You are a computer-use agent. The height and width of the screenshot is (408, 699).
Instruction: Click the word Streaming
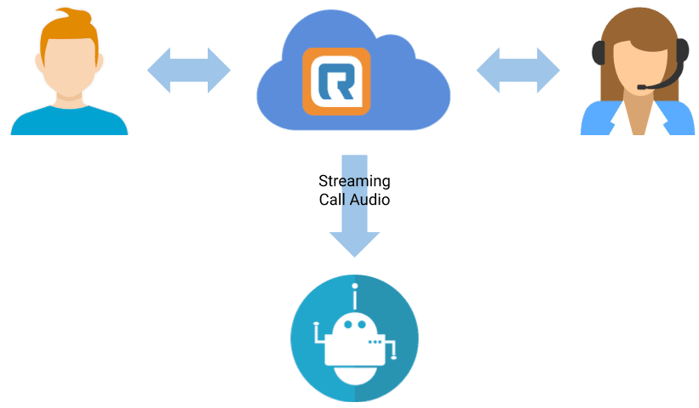[354, 181]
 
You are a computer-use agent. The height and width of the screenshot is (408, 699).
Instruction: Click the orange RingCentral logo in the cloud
[336, 81]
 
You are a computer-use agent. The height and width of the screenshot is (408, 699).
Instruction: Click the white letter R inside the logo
[335, 82]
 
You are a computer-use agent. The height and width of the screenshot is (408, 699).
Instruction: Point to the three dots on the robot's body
[375, 342]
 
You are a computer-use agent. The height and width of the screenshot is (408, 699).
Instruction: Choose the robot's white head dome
[352, 326]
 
